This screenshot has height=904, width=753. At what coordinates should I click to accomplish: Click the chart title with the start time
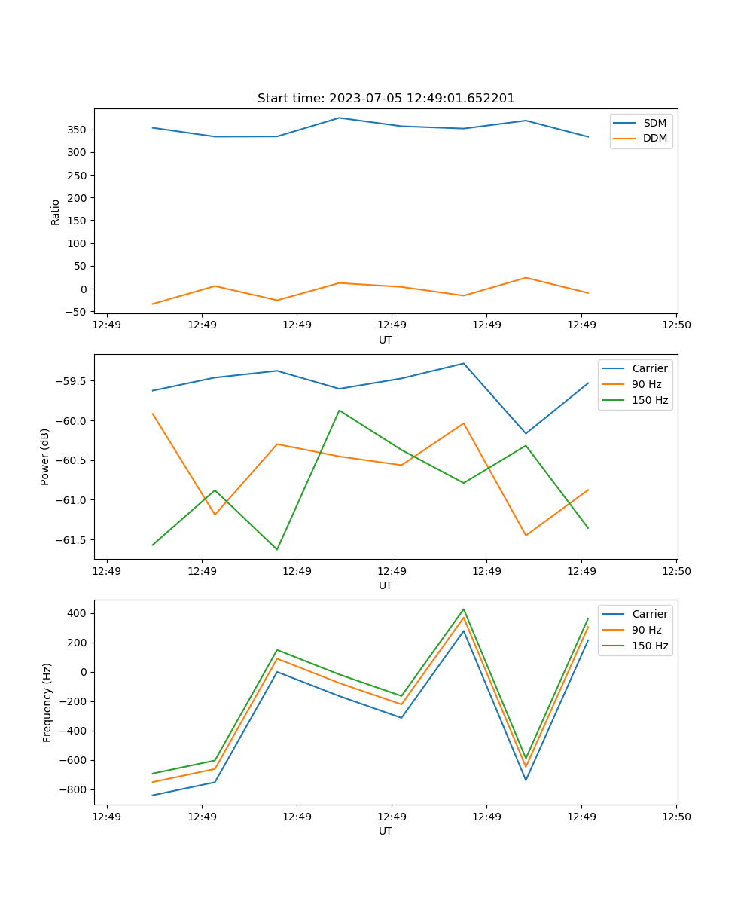pyautogui.click(x=386, y=99)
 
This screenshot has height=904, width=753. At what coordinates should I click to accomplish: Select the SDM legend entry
pyautogui.click(x=654, y=122)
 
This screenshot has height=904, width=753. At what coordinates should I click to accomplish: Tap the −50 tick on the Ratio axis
pyautogui.click(x=75, y=311)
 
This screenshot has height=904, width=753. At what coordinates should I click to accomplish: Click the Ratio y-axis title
pyautogui.click(x=56, y=212)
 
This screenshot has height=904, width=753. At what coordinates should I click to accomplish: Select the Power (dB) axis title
pyautogui.click(x=46, y=457)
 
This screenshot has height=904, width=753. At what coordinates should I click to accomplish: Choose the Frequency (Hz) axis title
pyautogui.click(x=47, y=702)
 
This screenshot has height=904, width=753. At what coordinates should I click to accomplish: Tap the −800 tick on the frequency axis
pyautogui.click(x=75, y=789)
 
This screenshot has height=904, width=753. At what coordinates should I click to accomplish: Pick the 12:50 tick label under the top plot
pyautogui.click(x=675, y=325)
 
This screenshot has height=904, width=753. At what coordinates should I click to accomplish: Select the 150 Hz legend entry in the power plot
pyautogui.click(x=650, y=400)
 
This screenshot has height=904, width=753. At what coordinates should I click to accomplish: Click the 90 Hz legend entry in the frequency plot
pyautogui.click(x=646, y=630)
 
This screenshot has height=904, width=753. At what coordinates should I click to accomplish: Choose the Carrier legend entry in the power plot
pyautogui.click(x=649, y=368)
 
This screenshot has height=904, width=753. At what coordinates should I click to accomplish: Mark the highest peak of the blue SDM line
pyautogui.click(x=339, y=118)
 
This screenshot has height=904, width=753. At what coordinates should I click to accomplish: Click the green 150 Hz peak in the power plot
pyautogui.click(x=340, y=411)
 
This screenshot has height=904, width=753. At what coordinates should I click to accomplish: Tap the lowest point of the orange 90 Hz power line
pyautogui.click(x=526, y=536)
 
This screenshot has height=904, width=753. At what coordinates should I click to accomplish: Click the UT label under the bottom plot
pyautogui.click(x=386, y=831)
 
